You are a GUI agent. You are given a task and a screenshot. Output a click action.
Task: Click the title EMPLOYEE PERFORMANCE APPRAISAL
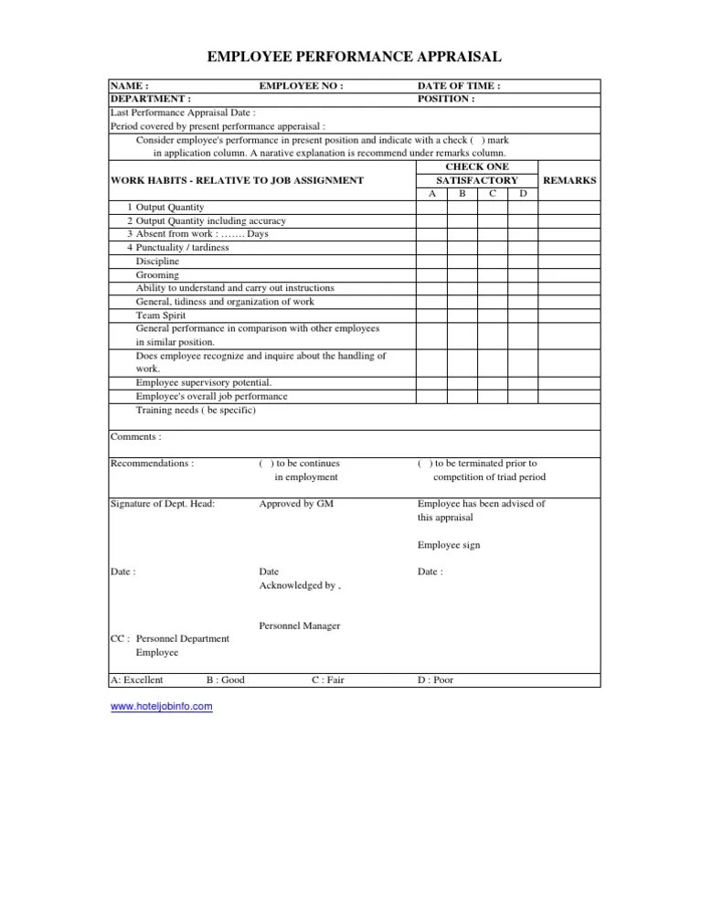[355, 58]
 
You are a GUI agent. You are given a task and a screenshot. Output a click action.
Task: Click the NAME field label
[129, 86]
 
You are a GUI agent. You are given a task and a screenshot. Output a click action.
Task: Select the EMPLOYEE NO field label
[301, 86]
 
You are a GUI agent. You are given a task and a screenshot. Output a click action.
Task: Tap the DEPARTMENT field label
[150, 98]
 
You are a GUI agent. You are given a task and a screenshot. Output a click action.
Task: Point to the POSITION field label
[445, 98]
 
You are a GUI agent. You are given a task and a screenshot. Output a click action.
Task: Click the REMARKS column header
[569, 181]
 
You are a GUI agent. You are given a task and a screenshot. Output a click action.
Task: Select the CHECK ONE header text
[476, 167]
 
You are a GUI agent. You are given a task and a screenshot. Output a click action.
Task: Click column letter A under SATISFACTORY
[431, 194]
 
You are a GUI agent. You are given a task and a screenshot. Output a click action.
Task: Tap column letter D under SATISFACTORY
[522, 194]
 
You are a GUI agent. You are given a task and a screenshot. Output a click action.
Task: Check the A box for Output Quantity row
[431, 208]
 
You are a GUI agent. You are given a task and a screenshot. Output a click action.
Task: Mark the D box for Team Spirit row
[522, 315]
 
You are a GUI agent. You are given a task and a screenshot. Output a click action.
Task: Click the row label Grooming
[157, 274]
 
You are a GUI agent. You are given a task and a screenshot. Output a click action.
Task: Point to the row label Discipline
[158, 261]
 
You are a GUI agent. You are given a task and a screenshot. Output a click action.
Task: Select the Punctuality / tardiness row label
[182, 247]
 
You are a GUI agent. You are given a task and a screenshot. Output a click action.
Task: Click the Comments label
[135, 436]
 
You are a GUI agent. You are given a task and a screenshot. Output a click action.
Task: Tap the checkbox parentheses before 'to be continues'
[263, 464]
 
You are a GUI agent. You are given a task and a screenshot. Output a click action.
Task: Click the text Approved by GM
[296, 504]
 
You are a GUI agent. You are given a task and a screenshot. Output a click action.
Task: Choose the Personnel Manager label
[300, 626]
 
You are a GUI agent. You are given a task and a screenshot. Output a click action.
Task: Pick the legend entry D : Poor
[435, 679]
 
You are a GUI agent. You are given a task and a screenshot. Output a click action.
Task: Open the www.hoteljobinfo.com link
[161, 706]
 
